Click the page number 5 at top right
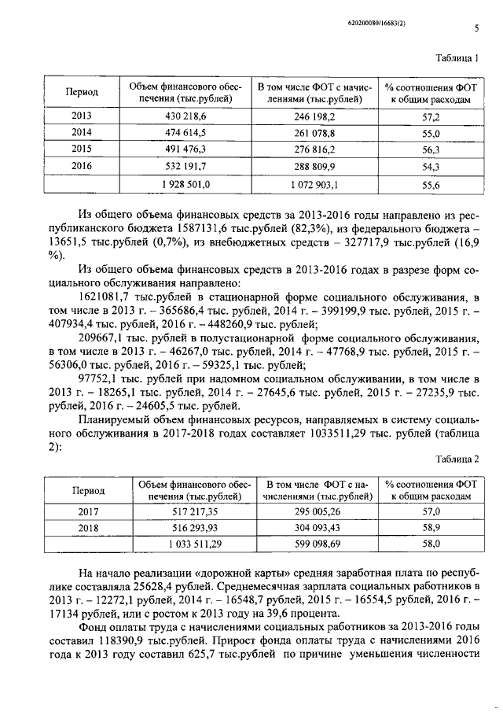tap(476, 30)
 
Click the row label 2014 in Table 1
tap(81, 132)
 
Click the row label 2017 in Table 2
tap(87, 511)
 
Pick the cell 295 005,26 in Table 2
tap(318, 511)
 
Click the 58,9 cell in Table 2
tap(431, 527)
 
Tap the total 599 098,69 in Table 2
tap(318, 544)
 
